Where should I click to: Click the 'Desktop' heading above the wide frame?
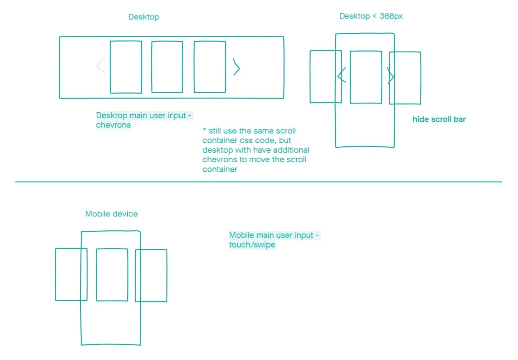tap(144, 17)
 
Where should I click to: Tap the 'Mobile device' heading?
tap(111, 214)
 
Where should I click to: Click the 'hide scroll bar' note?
tap(439, 119)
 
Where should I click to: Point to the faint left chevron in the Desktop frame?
tap(101, 65)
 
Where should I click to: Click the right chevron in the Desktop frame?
tap(237, 67)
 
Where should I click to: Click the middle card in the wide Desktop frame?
tap(167, 67)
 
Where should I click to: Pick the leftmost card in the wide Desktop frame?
tap(126, 67)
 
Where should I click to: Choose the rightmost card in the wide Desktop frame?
tap(210, 67)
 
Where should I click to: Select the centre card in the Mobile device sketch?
tap(112, 274)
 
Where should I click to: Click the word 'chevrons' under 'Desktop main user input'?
tap(113, 125)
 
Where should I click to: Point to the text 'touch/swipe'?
tap(252, 245)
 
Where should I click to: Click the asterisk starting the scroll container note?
tap(204, 130)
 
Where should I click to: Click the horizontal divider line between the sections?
tap(258, 182)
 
